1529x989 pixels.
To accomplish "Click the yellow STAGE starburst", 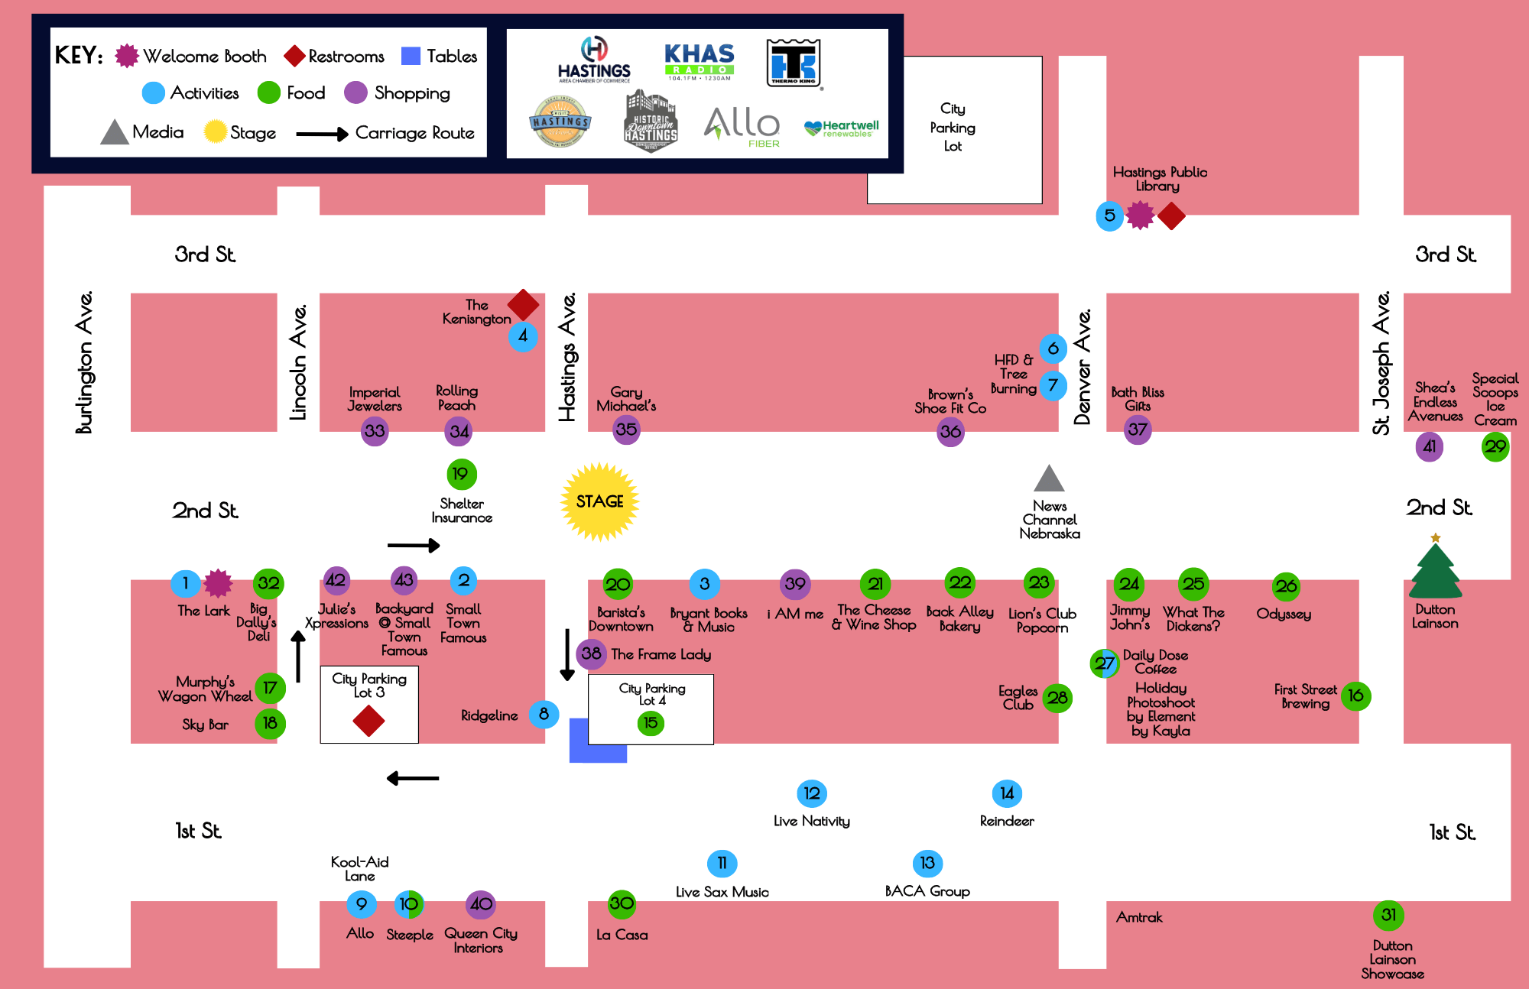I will tap(600, 501).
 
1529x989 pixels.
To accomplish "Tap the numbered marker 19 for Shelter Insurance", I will tap(461, 474).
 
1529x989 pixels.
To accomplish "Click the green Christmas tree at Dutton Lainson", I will tap(1435, 569).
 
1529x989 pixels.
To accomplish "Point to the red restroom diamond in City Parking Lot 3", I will tap(368, 721).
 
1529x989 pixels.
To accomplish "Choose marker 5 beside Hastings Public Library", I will tap(1109, 216).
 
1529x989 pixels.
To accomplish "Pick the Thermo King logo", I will tap(794, 63).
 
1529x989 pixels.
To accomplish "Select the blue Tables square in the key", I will tap(411, 56).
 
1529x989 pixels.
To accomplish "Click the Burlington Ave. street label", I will tap(84, 362).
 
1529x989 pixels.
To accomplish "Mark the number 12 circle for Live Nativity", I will tap(812, 793).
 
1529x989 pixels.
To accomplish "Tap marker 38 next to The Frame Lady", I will tap(591, 653).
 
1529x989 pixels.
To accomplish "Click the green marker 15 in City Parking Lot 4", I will tap(651, 723).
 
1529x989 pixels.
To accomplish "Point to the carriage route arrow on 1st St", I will tap(413, 778).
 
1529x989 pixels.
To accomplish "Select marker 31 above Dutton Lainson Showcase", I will tap(1389, 915).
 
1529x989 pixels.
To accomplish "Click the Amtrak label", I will tap(1138, 917).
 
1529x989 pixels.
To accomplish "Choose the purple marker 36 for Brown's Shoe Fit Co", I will tap(950, 432).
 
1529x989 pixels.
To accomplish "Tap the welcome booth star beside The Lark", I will tap(218, 583).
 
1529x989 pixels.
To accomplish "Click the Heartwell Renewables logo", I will tap(841, 128).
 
